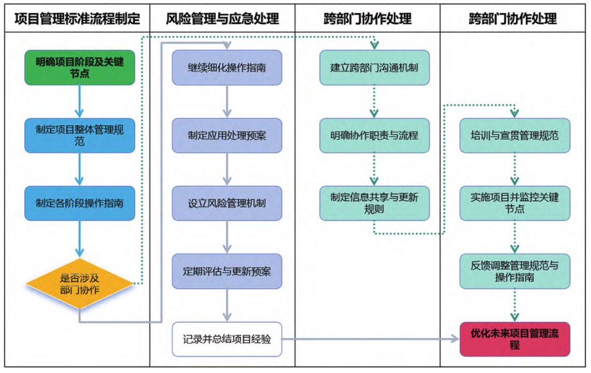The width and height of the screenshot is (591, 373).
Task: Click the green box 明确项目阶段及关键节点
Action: pyautogui.click(x=80, y=67)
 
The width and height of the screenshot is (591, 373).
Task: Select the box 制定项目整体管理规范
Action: pyautogui.click(x=80, y=135)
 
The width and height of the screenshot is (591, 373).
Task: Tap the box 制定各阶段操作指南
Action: pyautogui.click(x=80, y=204)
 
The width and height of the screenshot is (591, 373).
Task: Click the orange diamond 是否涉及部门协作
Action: pyautogui.click(x=80, y=284)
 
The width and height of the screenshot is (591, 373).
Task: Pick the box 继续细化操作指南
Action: pyautogui.click(x=227, y=67)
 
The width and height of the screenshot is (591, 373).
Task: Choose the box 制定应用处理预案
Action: pyautogui.click(x=227, y=135)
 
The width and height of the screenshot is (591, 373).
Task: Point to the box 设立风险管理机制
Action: pyautogui.click(x=227, y=204)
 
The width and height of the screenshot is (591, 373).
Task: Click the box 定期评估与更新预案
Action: pyautogui.click(x=227, y=272)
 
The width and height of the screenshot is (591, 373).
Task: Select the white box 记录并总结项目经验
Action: pyautogui.click(x=227, y=339)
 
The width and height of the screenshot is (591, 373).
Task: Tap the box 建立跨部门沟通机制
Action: pyautogui.click(x=374, y=67)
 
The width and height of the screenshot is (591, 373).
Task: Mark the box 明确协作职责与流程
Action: pyautogui.click(x=374, y=135)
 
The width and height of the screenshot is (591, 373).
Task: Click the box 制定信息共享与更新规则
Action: pyautogui.click(x=374, y=204)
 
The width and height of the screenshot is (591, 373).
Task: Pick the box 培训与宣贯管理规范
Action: pyautogui.click(x=515, y=135)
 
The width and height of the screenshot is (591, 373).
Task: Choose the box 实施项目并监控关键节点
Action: pyautogui.click(x=515, y=204)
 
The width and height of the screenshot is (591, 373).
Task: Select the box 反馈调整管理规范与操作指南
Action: pyautogui.click(x=515, y=272)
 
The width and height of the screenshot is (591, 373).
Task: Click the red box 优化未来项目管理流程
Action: pyautogui.click(x=515, y=339)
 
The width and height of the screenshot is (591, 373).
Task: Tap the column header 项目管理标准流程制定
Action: pyautogui.click(x=77, y=19)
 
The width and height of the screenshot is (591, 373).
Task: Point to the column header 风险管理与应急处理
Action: pyautogui.click(x=222, y=19)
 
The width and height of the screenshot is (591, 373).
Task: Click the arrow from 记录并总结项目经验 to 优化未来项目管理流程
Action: pyautogui.click(x=371, y=339)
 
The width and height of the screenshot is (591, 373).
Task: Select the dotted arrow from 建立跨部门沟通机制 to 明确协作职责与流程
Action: pyautogui.click(x=374, y=101)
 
